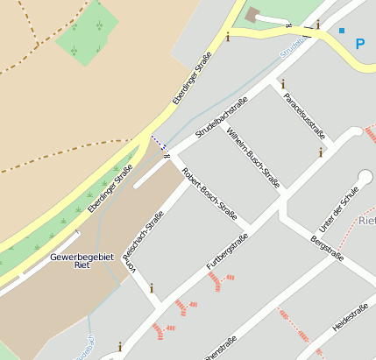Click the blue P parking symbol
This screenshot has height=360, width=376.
coord(360,43)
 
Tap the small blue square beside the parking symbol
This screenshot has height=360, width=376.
coord(342,31)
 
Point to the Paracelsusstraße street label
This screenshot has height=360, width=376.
coord(304,116)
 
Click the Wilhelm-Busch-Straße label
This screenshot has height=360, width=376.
coord(252,158)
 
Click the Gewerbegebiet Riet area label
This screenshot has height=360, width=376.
coord(71,260)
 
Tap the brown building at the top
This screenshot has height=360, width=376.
coord(254,14)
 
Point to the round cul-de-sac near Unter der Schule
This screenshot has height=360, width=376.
coord(365,178)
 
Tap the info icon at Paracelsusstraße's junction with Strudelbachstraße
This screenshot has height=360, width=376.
coord(283,84)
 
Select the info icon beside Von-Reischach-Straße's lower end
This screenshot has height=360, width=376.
coord(153,286)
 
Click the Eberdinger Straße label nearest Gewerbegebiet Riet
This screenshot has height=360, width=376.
coord(110,188)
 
